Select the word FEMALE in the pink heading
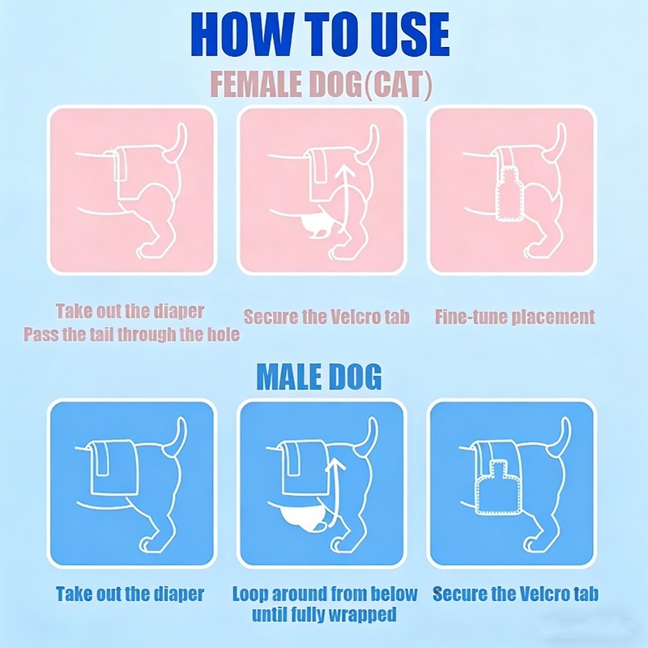click(x=257, y=85)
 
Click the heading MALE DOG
click(x=319, y=377)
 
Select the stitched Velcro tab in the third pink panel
click(x=509, y=194)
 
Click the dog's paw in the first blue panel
click(x=146, y=544)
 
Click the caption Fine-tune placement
click(x=515, y=317)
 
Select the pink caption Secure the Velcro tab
click(x=326, y=317)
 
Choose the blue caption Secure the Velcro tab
click(x=515, y=594)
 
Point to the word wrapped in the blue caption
click(x=360, y=615)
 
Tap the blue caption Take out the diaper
click(x=130, y=594)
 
